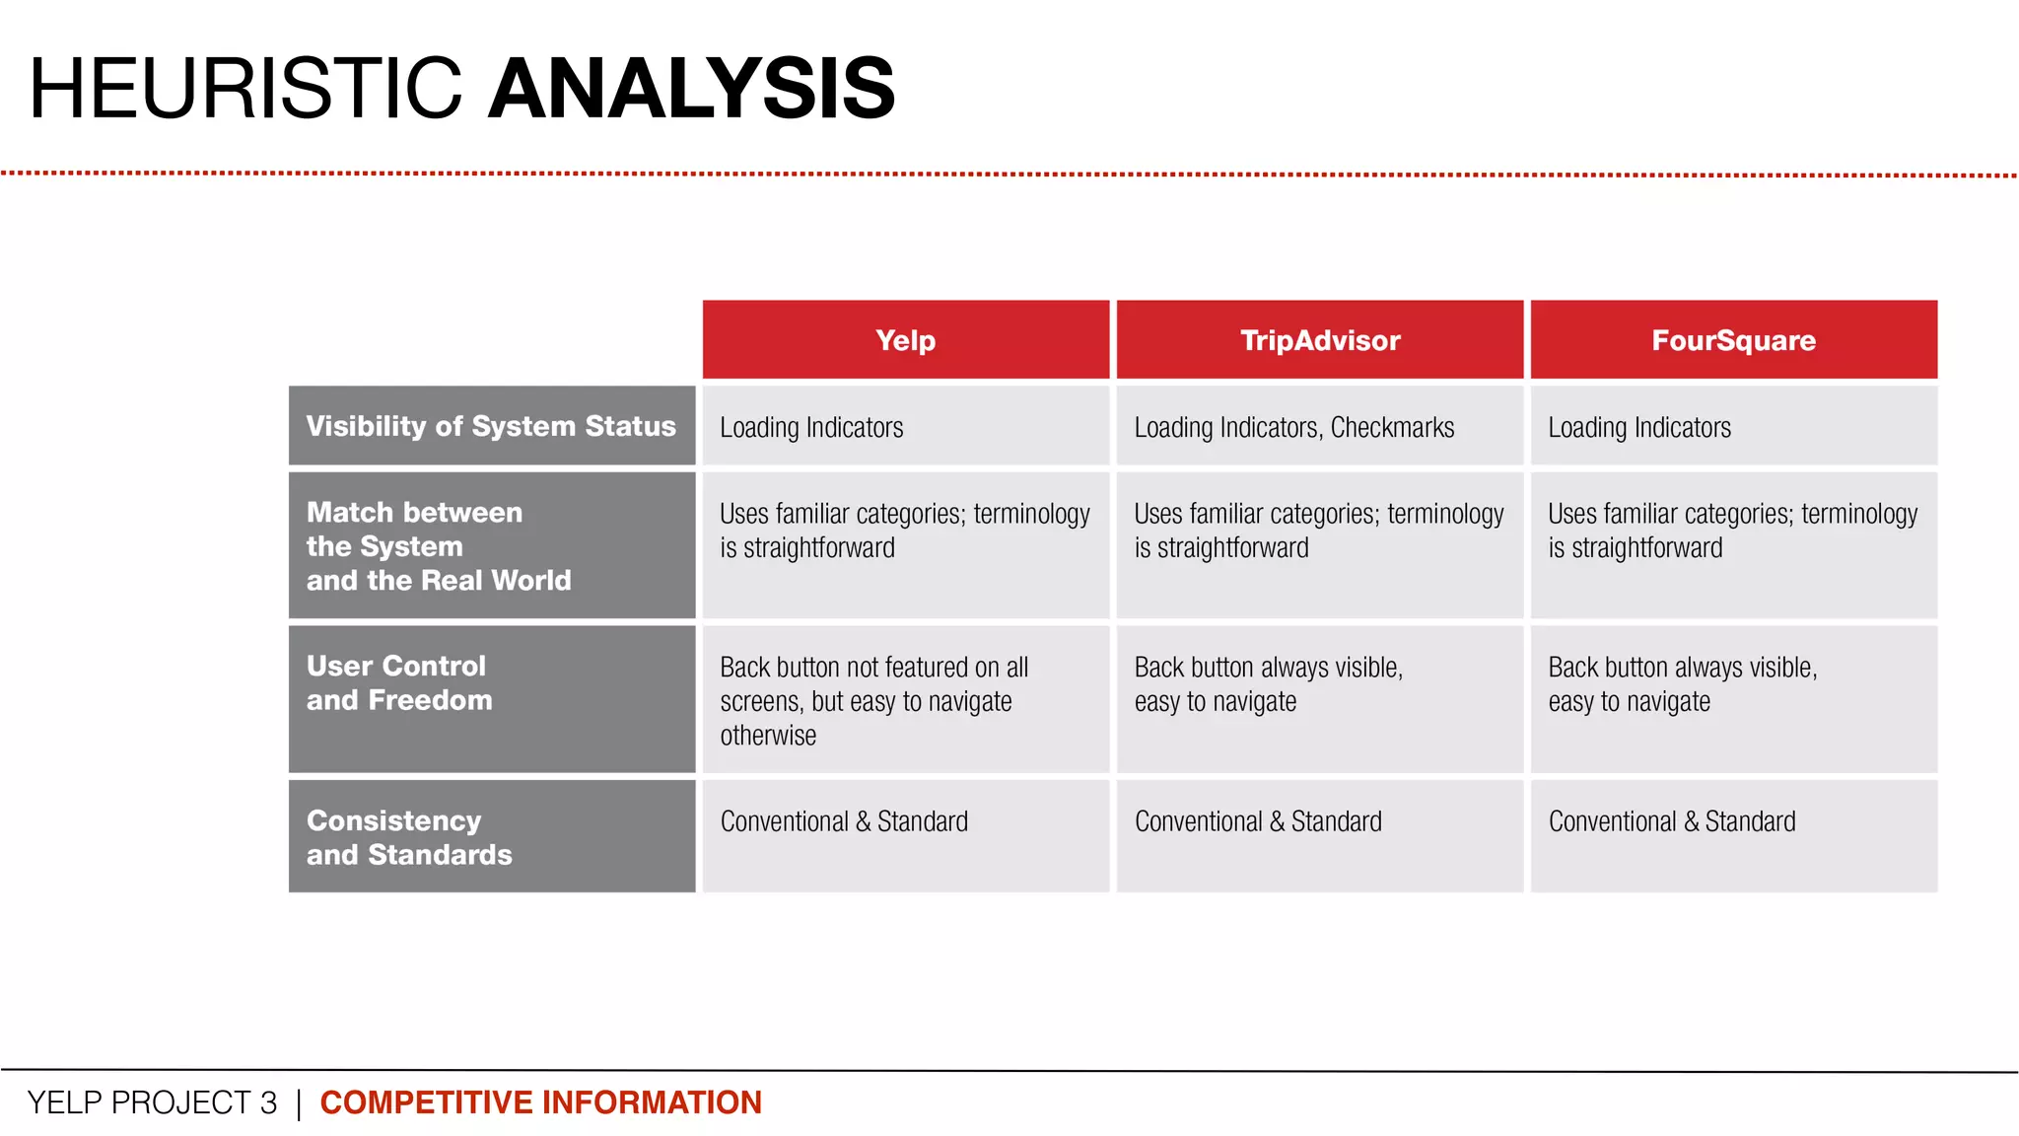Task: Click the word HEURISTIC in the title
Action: click(244, 89)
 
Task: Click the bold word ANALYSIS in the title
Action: click(691, 89)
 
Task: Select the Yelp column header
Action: click(905, 340)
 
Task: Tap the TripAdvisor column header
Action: click(1319, 340)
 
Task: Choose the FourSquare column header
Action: click(1733, 340)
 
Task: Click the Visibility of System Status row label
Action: click(491, 426)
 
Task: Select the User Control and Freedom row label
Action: click(398, 682)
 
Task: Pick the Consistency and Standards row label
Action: click(409, 837)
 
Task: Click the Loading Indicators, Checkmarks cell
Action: click(1293, 428)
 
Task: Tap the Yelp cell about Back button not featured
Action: click(873, 700)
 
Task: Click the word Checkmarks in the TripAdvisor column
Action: click(1392, 428)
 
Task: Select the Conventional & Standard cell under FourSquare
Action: click(1672, 821)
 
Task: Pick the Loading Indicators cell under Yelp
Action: click(811, 428)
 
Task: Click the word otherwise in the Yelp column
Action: click(768, 736)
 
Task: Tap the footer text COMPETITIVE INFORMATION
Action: click(540, 1102)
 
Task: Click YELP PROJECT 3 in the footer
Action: click(152, 1102)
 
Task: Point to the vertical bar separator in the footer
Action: click(298, 1103)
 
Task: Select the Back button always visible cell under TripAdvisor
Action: click(1268, 683)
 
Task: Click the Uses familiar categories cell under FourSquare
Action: click(1732, 531)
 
